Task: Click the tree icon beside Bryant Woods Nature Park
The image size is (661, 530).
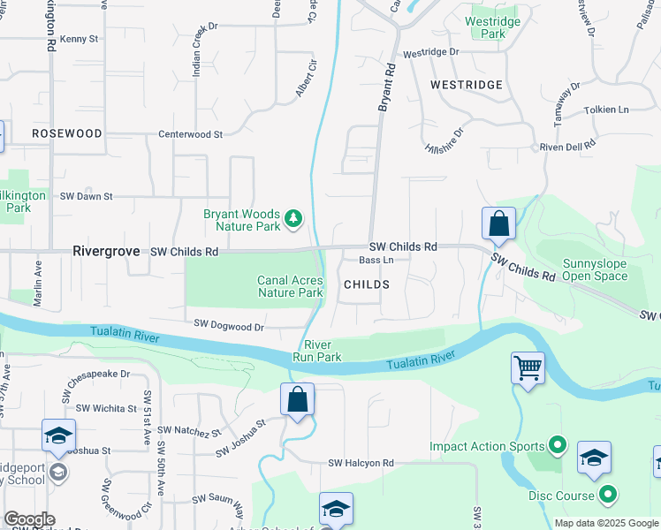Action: click(293, 216)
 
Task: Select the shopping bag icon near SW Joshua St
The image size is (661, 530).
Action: click(298, 398)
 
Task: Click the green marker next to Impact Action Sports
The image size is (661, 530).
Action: click(557, 446)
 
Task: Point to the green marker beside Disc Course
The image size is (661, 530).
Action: click(606, 495)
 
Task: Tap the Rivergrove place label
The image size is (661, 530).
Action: click(106, 252)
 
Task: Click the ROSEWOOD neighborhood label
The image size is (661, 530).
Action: click(66, 132)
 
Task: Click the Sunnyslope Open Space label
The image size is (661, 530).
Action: click(595, 270)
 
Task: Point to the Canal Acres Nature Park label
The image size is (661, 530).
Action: click(290, 286)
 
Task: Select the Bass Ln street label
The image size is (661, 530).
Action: click(376, 261)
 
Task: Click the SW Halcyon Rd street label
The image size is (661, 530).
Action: click(361, 463)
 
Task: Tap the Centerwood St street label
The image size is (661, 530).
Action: click(190, 134)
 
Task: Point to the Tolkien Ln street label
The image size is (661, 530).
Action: click(606, 110)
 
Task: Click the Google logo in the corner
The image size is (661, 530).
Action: click(29, 519)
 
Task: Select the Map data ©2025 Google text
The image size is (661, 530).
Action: click(605, 523)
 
